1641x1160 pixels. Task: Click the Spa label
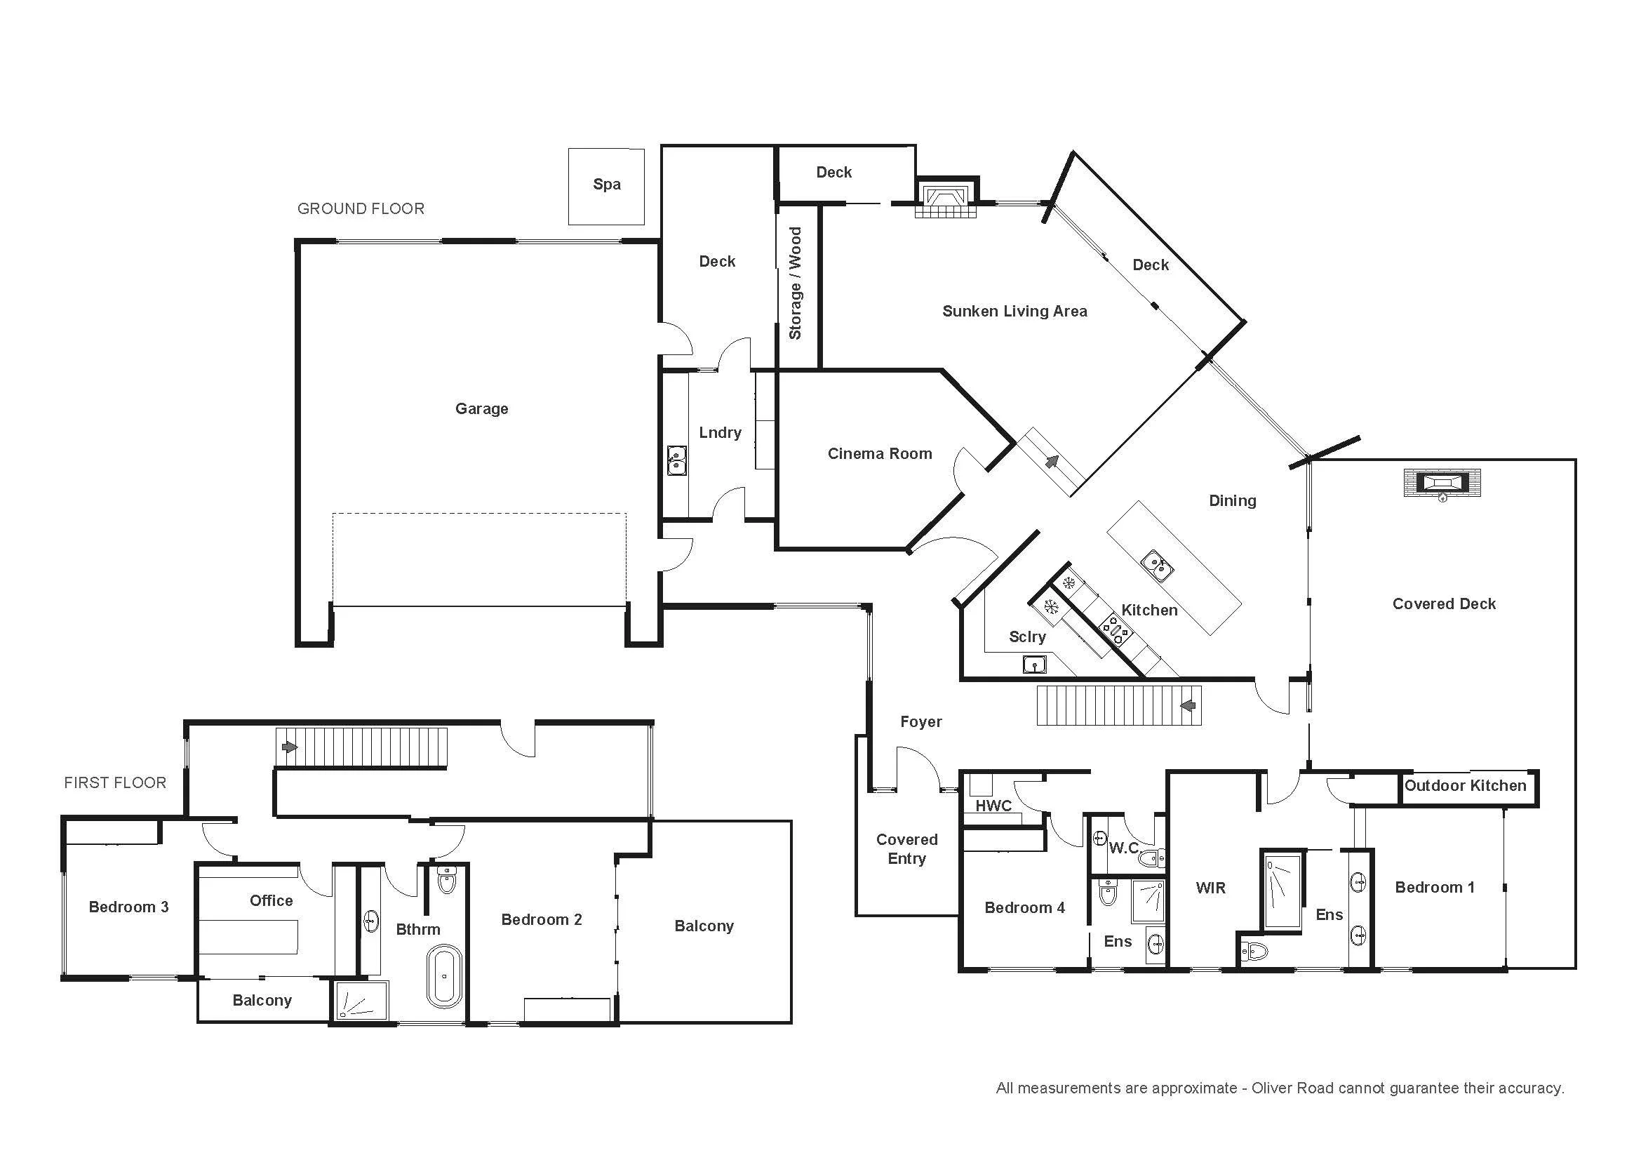tap(607, 185)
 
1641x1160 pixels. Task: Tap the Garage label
tap(482, 409)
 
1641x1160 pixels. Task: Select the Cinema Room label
tap(880, 454)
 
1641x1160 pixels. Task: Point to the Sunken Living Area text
tap(1015, 311)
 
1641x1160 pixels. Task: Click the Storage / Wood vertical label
tap(795, 283)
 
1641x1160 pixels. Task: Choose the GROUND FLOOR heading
tap(361, 208)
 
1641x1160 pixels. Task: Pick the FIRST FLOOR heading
tap(115, 782)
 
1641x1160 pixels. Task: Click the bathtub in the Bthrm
tap(445, 976)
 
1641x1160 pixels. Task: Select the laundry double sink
tap(676, 460)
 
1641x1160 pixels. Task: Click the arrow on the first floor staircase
tap(290, 747)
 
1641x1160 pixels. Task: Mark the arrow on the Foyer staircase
tap(1188, 706)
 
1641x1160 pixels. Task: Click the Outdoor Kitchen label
tap(1465, 785)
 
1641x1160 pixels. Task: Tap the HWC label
tap(993, 806)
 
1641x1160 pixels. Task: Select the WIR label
tap(1211, 888)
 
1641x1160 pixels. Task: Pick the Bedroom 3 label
tap(128, 907)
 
